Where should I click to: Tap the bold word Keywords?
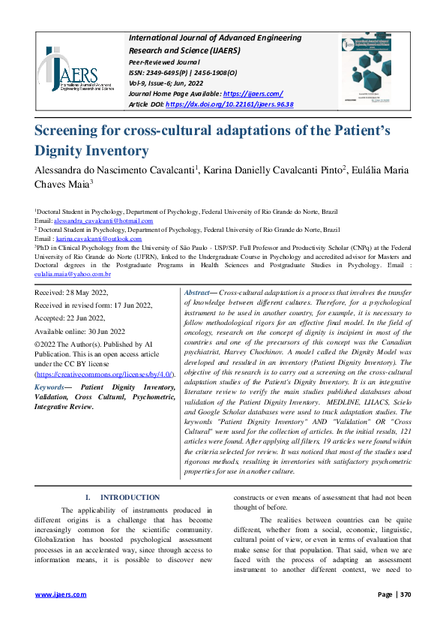point(51,387)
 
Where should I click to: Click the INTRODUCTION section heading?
point(130,498)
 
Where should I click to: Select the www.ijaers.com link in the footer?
point(61,594)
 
